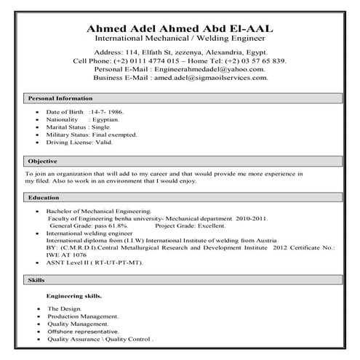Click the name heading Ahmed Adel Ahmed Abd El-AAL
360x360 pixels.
pos(180,28)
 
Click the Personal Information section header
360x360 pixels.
pos(60,97)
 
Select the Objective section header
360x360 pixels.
pos(43,161)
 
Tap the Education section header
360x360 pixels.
pos(44,197)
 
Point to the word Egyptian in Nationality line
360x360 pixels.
pos(108,120)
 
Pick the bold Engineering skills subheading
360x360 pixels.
pos(74,296)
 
